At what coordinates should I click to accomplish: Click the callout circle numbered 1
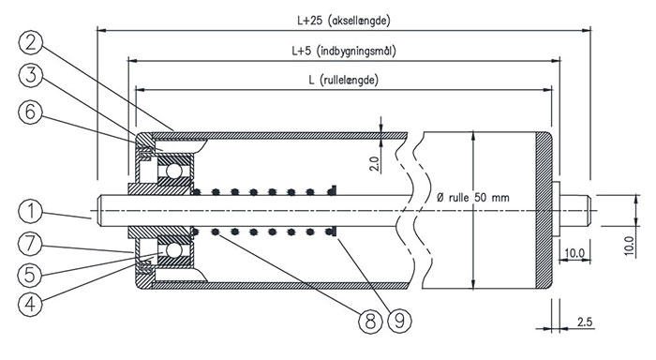(x=31, y=211)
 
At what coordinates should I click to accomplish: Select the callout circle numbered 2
(x=31, y=43)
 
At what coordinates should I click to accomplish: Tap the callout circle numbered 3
(x=31, y=76)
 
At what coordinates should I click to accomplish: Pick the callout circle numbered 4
(x=31, y=305)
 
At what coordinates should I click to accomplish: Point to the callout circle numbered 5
(x=31, y=275)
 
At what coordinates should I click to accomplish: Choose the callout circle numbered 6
(x=31, y=112)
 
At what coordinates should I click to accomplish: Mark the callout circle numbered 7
(x=31, y=244)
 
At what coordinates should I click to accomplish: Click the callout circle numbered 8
(x=371, y=322)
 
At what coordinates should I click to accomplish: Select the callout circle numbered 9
(x=399, y=322)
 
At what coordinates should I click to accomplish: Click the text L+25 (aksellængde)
(x=344, y=21)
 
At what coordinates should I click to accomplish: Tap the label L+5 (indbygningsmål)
(x=344, y=51)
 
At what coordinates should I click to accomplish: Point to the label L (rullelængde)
(x=344, y=80)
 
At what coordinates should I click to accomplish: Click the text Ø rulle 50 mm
(x=472, y=197)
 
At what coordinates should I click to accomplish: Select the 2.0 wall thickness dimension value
(x=375, y=164)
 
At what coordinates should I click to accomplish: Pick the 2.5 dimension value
(x=585, y=322)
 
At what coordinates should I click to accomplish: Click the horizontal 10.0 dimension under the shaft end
(x=574, y=253)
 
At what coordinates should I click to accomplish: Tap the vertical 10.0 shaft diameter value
(x=630, y=247)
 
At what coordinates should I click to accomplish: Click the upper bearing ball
(x=173, y=171)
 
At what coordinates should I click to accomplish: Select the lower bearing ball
(x=173, y=250)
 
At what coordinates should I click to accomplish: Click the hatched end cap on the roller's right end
(x=544, y=211)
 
